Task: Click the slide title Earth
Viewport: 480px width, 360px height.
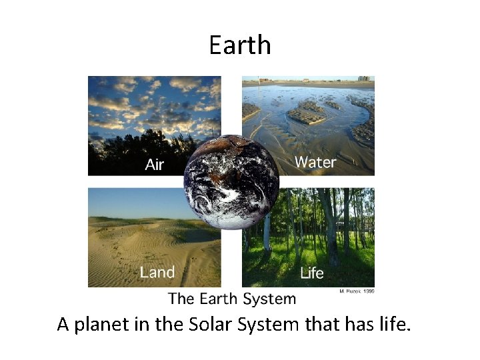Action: [240, 45]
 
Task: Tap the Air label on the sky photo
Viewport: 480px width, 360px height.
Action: [155, 164]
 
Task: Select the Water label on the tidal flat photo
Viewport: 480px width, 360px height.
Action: [315, 161]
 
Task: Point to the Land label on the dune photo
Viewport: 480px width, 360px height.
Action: [157, 272]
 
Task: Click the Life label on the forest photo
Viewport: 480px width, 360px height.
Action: [312, 273]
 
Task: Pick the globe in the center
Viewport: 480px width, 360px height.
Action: [231, 182]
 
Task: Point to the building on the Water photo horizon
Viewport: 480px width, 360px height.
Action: [364, 79]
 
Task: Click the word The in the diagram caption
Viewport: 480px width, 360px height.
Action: [181, 299]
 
